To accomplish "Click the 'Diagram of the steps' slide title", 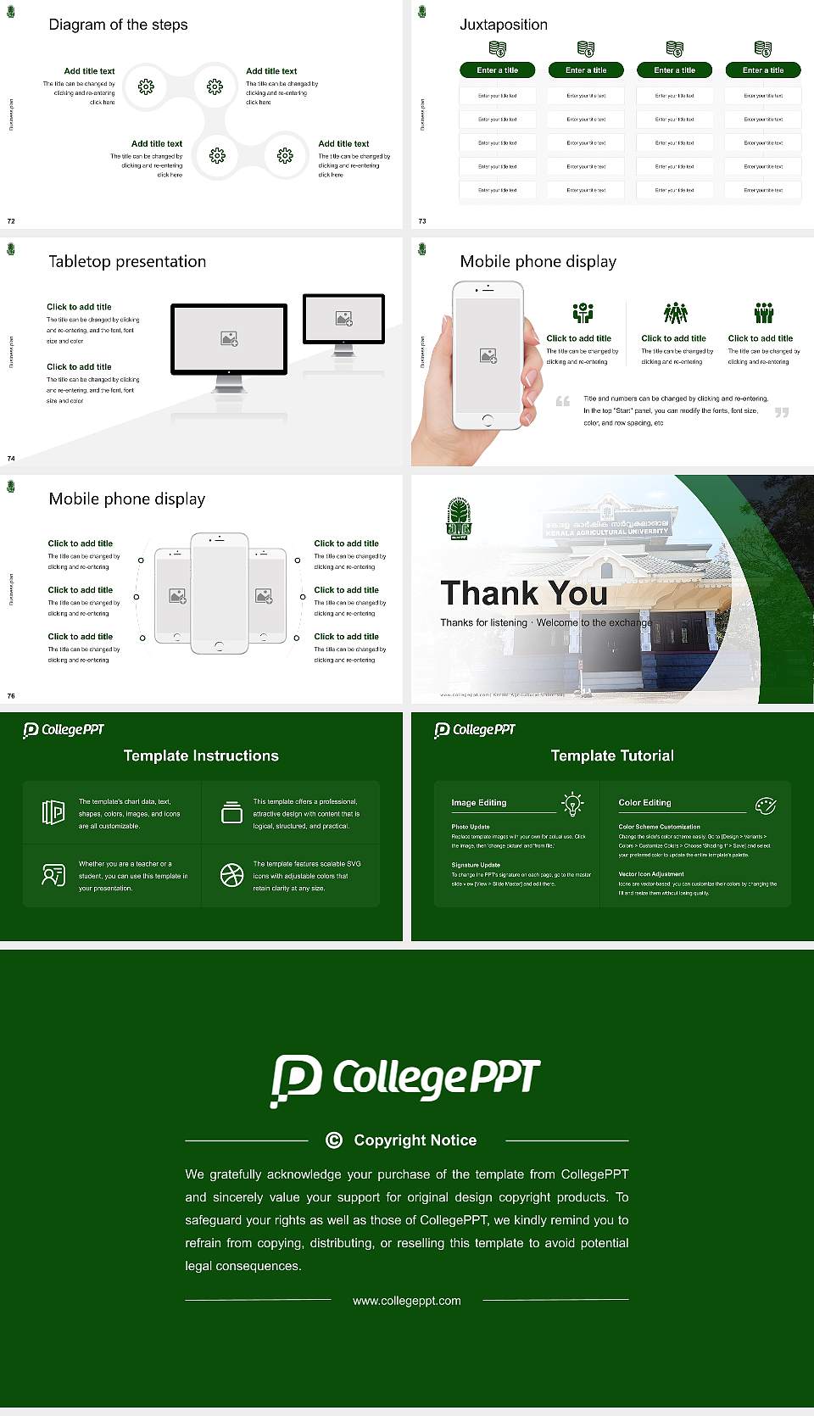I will [118, 25].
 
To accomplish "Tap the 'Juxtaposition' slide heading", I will [503, 25].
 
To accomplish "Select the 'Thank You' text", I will [524, 593].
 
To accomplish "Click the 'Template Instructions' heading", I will [201, 755].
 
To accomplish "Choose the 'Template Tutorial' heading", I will [612, 755].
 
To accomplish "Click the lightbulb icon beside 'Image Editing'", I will [572, 803].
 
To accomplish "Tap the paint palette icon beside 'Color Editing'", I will [766, 805].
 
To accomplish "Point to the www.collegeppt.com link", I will [407, 1301].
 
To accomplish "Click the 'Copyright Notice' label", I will [415, 1140].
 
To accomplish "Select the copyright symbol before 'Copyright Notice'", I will [334, 1140].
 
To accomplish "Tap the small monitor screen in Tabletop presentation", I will [343, 318].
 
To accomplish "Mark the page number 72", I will [11, 221].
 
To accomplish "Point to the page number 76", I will [11, 695].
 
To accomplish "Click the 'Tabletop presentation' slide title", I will [127, 261].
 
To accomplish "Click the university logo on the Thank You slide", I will [459, 519].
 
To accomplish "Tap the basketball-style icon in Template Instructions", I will [231, 875].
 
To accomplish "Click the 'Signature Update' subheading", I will [476, 865].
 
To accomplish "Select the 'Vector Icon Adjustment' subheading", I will [651, 873].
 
